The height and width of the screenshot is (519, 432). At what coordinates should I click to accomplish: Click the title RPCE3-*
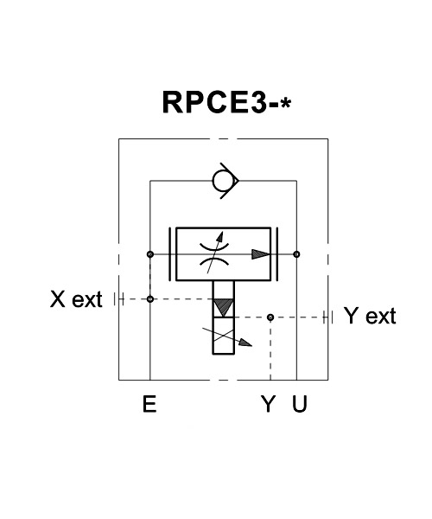(x=226, y=102)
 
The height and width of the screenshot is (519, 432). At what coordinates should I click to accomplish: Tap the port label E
(x=149, y=404)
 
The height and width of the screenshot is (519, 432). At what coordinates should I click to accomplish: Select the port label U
(x=300, y=404)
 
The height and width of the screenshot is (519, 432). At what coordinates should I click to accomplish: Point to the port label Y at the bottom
(x=268, y=404)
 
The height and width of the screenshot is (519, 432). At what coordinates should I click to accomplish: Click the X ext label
(x=76, y=299)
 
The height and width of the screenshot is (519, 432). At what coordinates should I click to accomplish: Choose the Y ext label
(x=370, y=316)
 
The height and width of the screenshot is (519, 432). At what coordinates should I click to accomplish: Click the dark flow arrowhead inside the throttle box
(x=261, y=254)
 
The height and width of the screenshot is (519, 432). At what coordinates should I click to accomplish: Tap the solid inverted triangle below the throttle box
(x=224, y=307)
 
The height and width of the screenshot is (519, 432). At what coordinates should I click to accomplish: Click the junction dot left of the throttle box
(x=150, y=254)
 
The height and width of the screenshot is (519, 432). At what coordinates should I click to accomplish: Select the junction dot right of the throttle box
(x=297, y=254)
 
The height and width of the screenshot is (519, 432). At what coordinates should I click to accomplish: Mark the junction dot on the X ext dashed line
(x=150, y=299)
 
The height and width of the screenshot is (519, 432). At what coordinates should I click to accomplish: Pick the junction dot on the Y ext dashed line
(x=270, y=317)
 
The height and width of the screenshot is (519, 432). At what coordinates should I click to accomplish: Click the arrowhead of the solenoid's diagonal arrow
(x=246, y=343)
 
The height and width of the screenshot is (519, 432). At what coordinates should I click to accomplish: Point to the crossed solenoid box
(x=224, y=336)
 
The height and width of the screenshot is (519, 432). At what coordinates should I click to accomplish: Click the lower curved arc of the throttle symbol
(x=214, y=262)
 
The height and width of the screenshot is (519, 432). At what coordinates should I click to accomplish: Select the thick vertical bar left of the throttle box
(x=170, y=254)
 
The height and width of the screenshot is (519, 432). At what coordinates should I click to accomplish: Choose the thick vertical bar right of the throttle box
(x=277, y=254)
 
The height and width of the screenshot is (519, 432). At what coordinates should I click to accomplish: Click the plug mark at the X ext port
(x=118, y=299)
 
